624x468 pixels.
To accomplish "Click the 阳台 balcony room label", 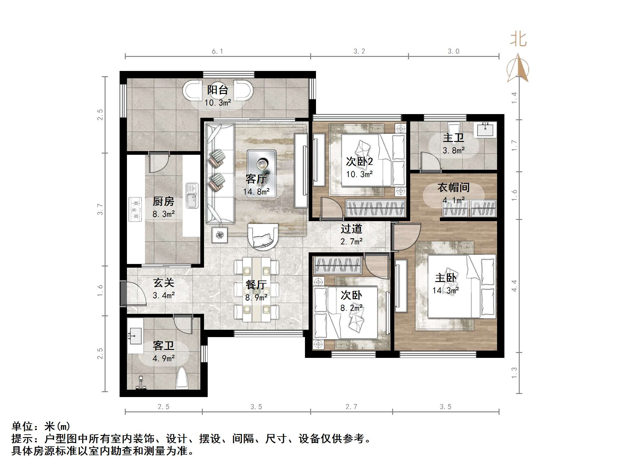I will [x=217, y=90].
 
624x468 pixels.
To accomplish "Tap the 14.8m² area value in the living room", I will [x=256, y=192].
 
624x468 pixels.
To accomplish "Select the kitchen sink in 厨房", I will [x=192, y=196].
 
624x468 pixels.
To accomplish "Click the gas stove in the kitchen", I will [x=135, y=210].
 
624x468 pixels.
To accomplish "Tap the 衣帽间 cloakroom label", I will [x=453, y=188].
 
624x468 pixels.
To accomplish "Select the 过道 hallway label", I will [x=351, y=229].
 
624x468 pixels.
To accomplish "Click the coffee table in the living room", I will [x=262, y=173].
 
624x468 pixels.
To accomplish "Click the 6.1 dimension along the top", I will [x=217, y=51].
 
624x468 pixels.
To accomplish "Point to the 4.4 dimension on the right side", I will [x=514, y=286].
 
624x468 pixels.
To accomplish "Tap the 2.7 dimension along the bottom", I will [x=351, y=407].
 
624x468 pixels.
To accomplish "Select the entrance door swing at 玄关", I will [x=135, y=294].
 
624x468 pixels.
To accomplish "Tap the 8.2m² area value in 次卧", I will [x=351, y=308].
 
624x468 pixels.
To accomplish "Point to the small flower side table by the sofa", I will [x=219, y=235].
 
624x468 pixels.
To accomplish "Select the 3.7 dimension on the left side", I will [x=100, y=209].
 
